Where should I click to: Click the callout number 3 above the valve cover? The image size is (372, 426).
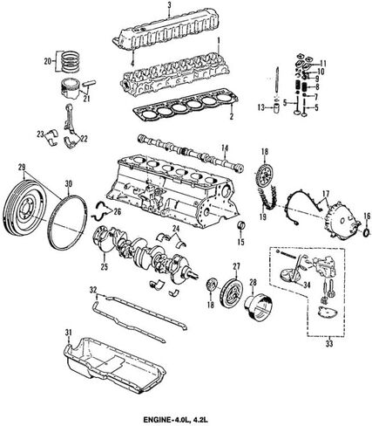(170, 5)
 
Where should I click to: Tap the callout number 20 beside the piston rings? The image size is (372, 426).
(48, 61)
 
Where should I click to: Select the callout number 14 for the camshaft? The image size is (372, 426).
(225, 148)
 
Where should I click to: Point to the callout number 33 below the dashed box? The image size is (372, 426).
(329, 344)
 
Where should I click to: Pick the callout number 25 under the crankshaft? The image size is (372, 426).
(104, 266)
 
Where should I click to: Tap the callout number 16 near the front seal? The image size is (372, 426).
(367, 216)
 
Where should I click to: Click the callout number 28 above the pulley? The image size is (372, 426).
(253, 282)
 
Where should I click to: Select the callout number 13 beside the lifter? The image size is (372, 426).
(261, 107)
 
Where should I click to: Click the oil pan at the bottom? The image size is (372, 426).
(114, 362)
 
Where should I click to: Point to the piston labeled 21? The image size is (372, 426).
(70, 89)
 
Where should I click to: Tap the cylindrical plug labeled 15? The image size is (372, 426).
(241, 226)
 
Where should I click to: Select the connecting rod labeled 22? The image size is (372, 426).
(71, 120)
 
